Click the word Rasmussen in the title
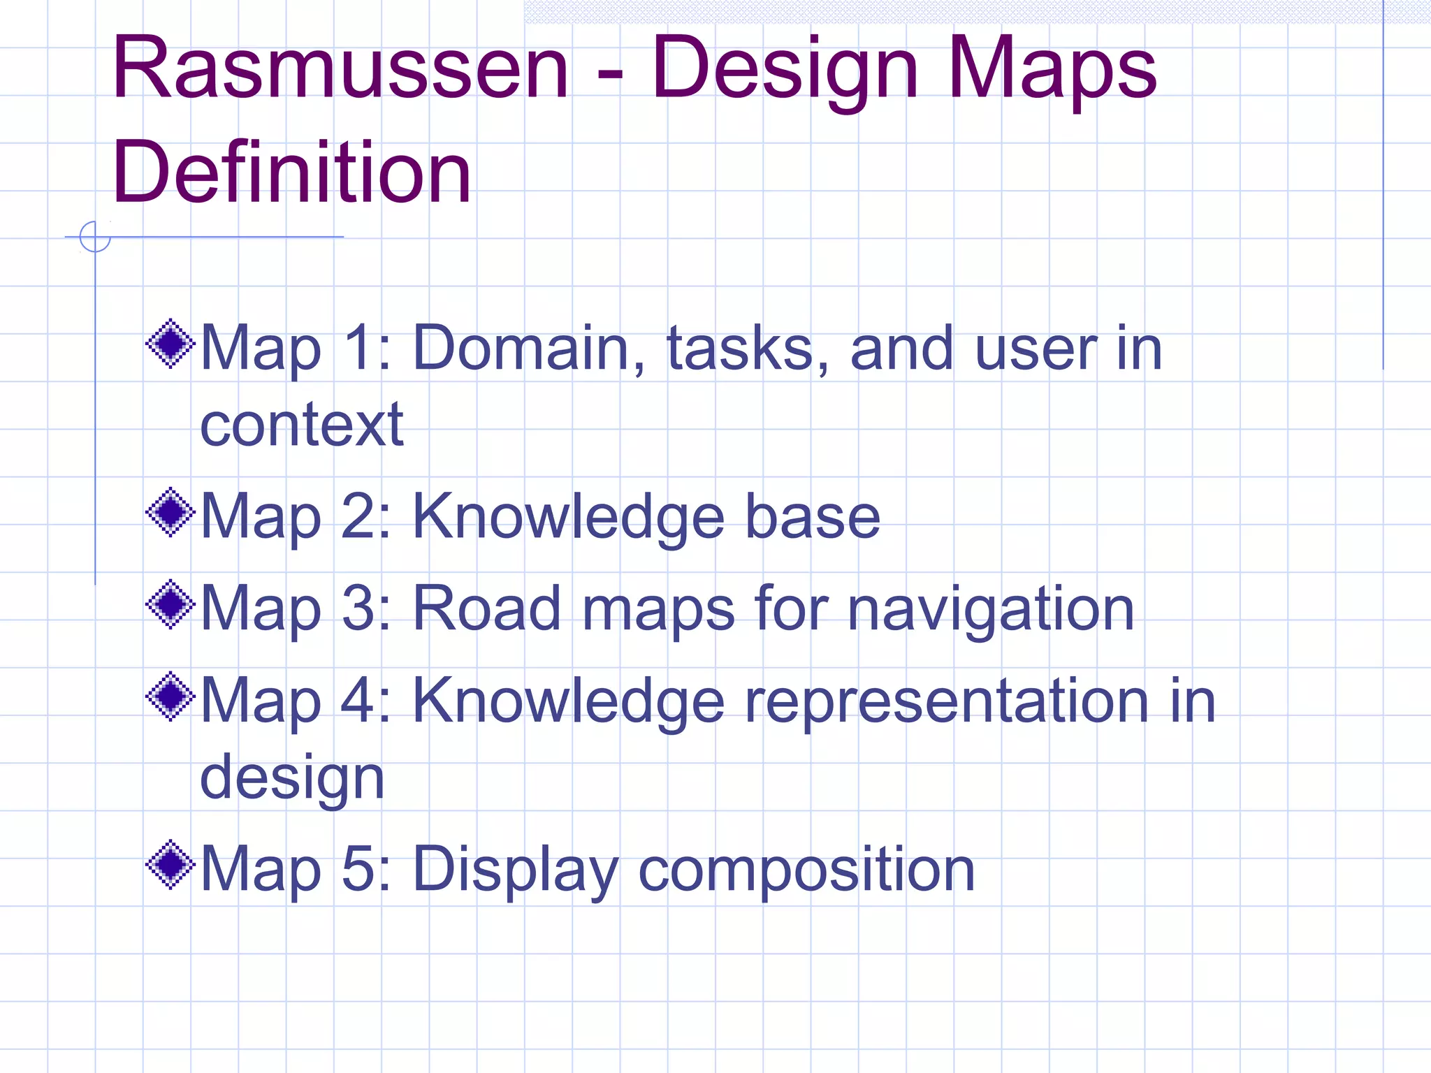click(x=340, y=68)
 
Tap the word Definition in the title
click(x=291, y=172)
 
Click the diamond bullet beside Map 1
click(x=170, y=344)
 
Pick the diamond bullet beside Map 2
click(x=170, y=512)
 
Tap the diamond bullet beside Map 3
click(x=170, y=604)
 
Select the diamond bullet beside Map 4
click(x=170, y=696)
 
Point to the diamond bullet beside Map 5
click(x=170, y=865)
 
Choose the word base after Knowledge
click(x=813, y=517)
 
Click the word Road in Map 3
click(x=487, y=609)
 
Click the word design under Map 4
click(x=292, y=780)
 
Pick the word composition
click(x=806, y=870)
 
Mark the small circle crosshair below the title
click(x=95, y=237)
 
